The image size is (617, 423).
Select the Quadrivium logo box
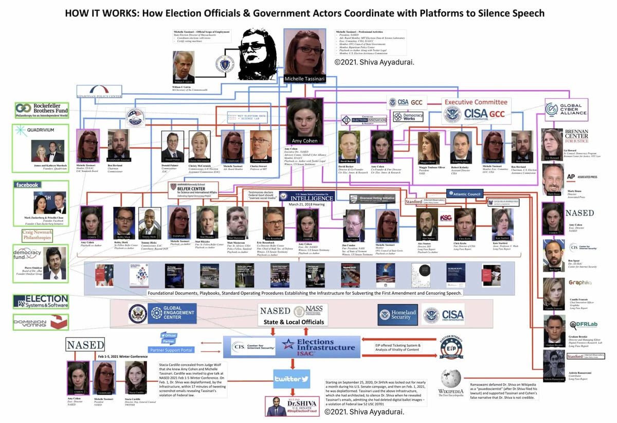pyautogui.click(x=41, y=130)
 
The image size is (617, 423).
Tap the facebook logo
pyautogui.click(x=28, y=185)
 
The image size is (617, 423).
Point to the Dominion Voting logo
pyautogui.click(x=41, y=322)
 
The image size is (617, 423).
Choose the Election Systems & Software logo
pyautogui.click(x=41, y=302)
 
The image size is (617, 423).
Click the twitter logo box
pyautogui.click(x=291, y=379)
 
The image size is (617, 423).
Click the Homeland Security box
pyautogui.click(x=397, y=314)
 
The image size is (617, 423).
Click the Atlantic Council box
pyautogui.click(x=464, y=194)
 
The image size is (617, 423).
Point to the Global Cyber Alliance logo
pyautogui.click(x=566, y=109)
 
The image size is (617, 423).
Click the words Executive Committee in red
pyautogui.click(x=476, y=102)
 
